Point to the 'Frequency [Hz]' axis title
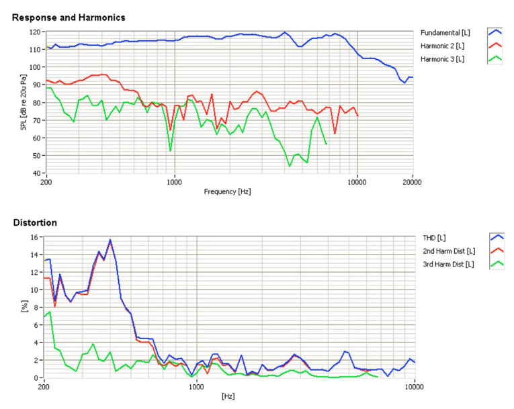coord(228,191)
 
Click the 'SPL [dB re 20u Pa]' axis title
coord(23,102)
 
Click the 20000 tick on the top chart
coord(412,181)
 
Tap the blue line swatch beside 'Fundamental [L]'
coord(495,32)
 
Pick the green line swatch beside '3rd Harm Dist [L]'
coord(495,264)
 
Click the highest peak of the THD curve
coord(110,240)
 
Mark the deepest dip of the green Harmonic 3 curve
coord(290,166)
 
